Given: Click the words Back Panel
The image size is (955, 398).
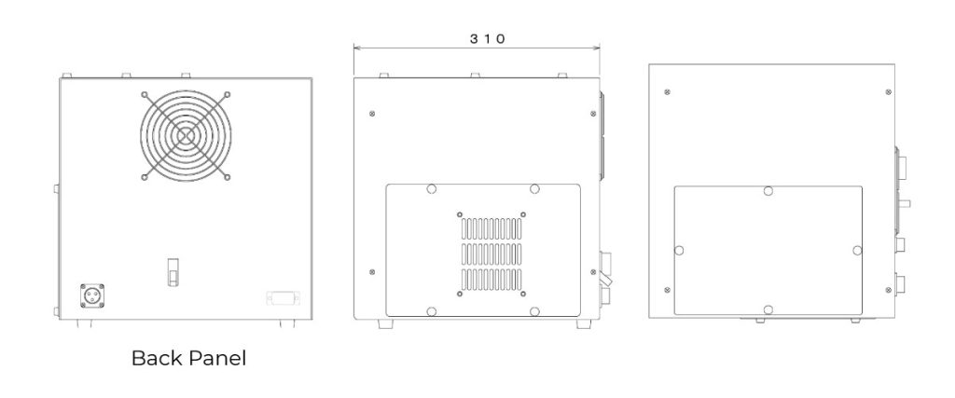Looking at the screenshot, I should tap(188, 358).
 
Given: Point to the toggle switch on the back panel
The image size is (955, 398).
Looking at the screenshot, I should tap(173, 272).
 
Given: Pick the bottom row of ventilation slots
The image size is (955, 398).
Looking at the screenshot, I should tap(491, 278).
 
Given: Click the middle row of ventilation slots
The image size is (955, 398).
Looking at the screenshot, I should tap(491, 253).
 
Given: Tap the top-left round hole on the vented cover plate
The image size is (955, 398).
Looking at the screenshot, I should tap(430, 189).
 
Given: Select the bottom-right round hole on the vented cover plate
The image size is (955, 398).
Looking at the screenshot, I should tap(533, 309).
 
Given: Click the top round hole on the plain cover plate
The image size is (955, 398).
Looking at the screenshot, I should tap(767, 191).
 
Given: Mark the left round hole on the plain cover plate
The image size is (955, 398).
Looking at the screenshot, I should tap(678, 251).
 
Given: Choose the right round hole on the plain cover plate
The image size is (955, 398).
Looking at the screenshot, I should tap(856, 250).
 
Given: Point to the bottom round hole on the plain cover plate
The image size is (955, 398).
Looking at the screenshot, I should tap(767, 309).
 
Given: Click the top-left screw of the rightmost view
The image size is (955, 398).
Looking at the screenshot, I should tap(667, 91).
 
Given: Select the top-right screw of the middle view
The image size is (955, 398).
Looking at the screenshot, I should tap(594, 115).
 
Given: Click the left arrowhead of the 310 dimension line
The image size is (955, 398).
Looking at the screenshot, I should tap(355, 49).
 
